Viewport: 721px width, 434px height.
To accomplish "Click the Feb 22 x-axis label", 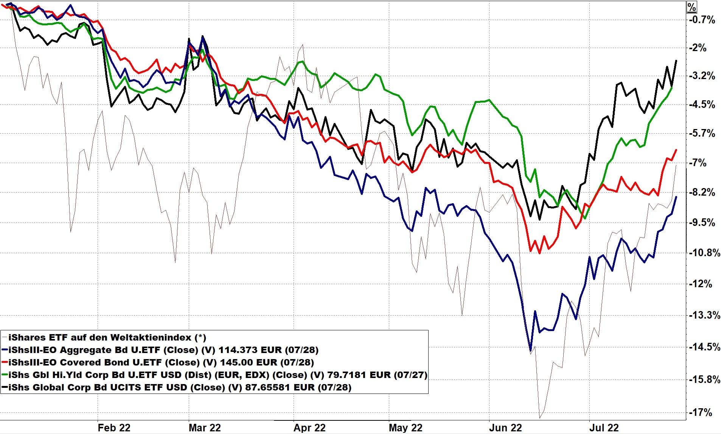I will (x=114, y=428).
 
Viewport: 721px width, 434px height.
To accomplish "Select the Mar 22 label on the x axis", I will (x=205, y=428).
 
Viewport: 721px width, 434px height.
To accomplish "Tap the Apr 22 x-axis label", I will (x=309, y=428).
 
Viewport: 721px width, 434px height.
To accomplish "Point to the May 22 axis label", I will (x=405, y=428).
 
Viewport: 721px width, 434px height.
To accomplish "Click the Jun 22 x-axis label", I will (x=505, y=428).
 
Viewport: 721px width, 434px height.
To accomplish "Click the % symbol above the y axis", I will (x=691, y=7).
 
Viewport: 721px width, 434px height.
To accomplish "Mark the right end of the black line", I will (x=676, y=61).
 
